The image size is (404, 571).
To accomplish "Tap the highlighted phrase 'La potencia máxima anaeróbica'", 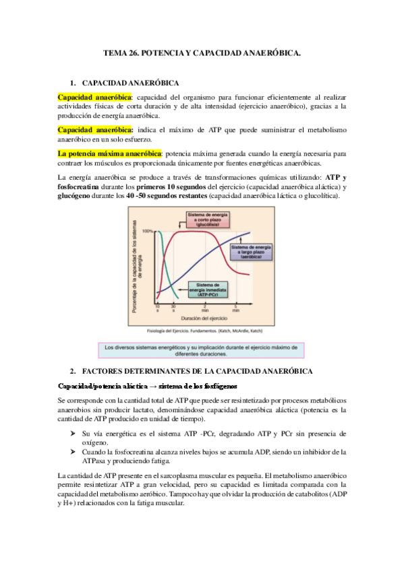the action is (110, 153).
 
